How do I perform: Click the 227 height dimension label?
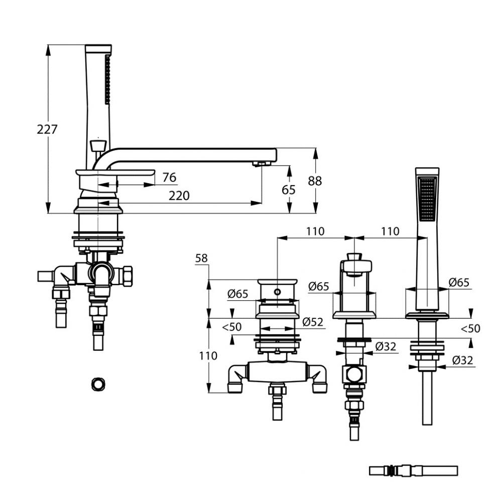47,130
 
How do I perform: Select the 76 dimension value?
169,177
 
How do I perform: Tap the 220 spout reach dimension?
179,196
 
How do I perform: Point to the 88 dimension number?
315,181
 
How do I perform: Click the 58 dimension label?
201,258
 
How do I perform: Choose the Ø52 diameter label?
313,322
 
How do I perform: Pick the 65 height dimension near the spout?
289,190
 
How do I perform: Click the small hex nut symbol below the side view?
98,384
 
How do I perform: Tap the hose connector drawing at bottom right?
413,471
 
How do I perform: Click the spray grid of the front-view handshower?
427,198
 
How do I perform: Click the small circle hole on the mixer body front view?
277,292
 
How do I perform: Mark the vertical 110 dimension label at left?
208,356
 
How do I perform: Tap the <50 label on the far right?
471,328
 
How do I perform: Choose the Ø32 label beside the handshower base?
463,360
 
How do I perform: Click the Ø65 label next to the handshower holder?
459,282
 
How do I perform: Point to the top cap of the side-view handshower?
98,48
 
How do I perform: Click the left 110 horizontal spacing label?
315,231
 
